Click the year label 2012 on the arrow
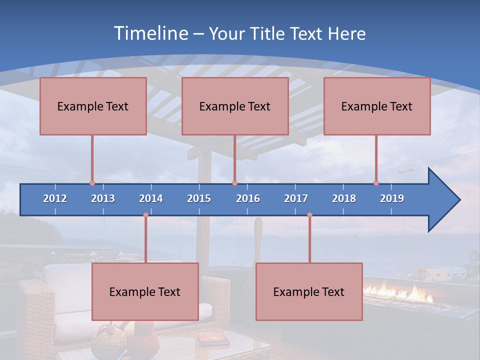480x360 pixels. [55, 198]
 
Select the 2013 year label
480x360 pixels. [103, 198]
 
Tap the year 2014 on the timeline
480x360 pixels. [151, 198]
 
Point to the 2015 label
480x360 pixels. [199, 198]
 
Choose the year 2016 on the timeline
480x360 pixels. [248, 198]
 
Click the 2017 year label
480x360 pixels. [296, 198]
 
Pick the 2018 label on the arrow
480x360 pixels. [344, 198]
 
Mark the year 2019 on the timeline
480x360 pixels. [392, 198]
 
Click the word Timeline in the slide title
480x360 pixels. [150, 33]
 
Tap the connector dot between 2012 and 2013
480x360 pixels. [92, 183]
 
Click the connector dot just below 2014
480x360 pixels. [145, 215]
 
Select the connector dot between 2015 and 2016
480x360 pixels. [234, 183]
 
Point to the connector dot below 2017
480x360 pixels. [309, 215]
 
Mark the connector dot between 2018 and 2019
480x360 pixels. [376, 183]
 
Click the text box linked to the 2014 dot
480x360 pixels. [145, 291]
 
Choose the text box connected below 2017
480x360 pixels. [309, 291]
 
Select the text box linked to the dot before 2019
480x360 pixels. [377, 106]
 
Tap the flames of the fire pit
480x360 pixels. [400, 292]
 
